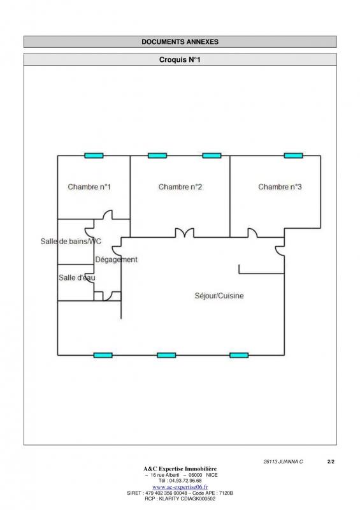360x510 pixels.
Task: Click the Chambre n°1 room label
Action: click(x=89, y=187)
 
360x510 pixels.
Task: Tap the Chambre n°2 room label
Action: click(x=180, y=187)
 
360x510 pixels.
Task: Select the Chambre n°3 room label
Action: click(x=280, y=187)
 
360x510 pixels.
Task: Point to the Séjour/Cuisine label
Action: click(x=219, y=296)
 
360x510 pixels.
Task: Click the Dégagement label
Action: click(x=116, y=259)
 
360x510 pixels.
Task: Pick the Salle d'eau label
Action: click(x=76, y=277)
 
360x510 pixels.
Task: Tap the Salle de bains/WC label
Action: click(x=71, y=242)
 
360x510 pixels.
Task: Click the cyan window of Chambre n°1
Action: click(x=94, y=156)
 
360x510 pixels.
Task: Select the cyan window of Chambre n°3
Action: click(x=293, y=156)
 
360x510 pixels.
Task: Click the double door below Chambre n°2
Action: click(x=185, y=232)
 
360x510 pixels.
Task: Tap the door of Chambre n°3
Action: click(x=253, y=232)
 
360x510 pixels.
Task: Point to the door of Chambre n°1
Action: click(x=108, y=214)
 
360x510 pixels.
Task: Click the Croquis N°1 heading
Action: click(x=180, y=59)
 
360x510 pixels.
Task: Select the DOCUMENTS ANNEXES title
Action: click(x=180, y=41)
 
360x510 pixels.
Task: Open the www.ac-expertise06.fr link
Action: click(x=180, y=487)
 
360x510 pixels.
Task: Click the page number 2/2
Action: click(x=331, y=462)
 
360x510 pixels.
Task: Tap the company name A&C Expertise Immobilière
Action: click(x=180, y=469)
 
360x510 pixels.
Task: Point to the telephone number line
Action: click(x=180, y=481)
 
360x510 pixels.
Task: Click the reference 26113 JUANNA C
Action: click(x=283, y=462)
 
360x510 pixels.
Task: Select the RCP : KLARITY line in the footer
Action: click(x=180, y=499)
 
